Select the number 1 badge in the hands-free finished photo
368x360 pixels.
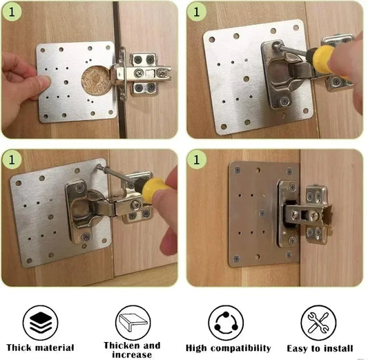[x=198, y=160]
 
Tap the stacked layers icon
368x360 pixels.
[x=40, y=322]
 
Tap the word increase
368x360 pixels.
[x=131, y=354]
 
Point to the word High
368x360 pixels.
[x=199, y=348]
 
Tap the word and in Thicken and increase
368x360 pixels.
[x=152, y=345]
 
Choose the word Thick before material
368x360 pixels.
[x=21, y=348]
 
